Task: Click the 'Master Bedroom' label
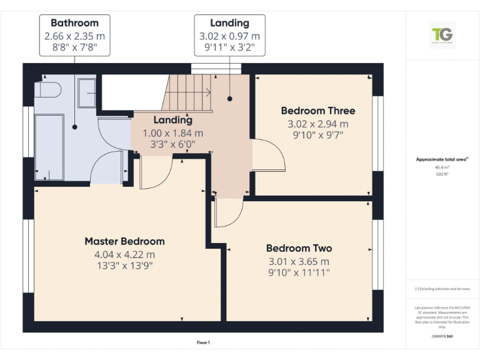tap(124, 241)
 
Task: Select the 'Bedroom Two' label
tap(299, 248)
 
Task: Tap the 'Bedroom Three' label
tap(317, 111)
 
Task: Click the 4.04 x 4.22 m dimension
tap(124, 254)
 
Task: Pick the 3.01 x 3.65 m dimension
tap(299, 261)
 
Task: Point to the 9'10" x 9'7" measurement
tap(317, 134)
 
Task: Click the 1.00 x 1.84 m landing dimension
tap(172, 133)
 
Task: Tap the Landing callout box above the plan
tap(229, 35)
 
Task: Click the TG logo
tap(442, 34)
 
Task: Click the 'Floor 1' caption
tap(203, 342)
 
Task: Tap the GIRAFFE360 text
tap(442, 336)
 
